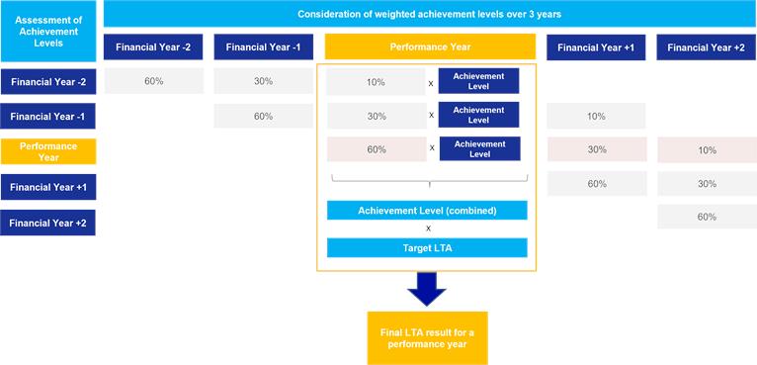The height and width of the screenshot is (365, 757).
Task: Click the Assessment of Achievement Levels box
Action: [47, 32]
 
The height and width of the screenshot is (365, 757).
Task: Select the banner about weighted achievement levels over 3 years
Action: [430, 14]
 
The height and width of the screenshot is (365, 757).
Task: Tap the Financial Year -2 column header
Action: [153, 47]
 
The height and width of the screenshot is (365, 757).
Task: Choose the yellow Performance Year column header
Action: [430, 46]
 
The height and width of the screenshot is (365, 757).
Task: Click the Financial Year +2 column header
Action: [707, 47]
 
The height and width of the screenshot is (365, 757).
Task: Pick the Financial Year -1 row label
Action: [47, 117]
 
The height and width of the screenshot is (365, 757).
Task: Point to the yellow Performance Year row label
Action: [47, 151]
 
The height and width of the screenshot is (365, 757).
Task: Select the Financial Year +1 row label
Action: [47, 187]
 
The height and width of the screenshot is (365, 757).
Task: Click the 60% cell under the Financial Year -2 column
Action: [153, 81]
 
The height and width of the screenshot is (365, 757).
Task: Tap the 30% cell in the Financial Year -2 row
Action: [263, 81]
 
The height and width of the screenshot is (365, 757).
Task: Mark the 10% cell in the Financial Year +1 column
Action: [596, 116]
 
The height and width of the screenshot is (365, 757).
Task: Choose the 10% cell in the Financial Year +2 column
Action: [707, 150]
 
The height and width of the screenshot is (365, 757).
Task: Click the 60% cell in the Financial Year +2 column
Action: [707, 217]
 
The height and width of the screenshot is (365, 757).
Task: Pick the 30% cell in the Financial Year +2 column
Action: [707, 184]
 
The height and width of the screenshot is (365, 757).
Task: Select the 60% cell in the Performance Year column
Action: [377, 149]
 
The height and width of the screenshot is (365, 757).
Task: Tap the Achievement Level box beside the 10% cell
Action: [478, 81]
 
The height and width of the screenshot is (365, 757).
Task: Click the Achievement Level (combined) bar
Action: [427, 211]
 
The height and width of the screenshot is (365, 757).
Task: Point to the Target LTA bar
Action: [427, 248]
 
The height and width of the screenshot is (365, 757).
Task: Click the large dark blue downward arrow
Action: [426, 289]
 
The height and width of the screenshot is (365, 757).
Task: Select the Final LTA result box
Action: [427, 338]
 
